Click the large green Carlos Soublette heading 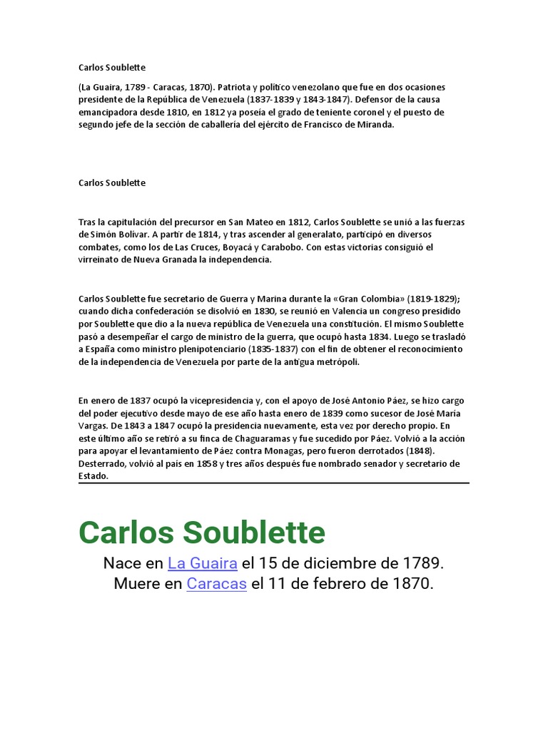(x=202, y=532)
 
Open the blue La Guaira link (x=203, y=563)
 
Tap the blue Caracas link (x=217, y=584)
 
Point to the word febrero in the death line (x=330, y=584)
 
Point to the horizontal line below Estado (x=274, y=483)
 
